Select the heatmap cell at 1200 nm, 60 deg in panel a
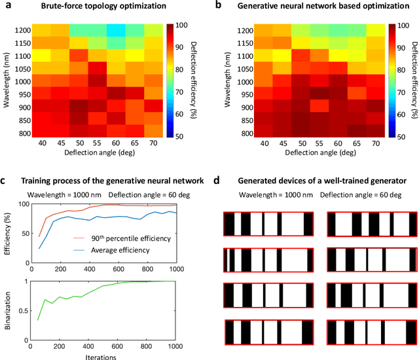point(117,31)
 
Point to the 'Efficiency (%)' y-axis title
point(8,232)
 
